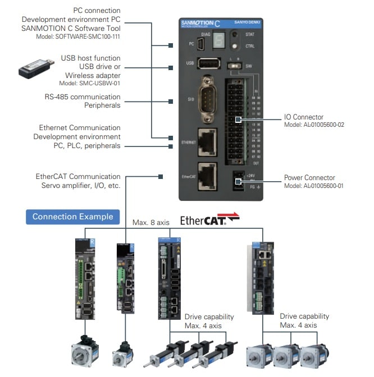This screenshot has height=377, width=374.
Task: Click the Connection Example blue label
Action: [x=72, y=217]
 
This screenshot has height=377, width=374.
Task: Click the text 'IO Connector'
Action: [x=305, y=117]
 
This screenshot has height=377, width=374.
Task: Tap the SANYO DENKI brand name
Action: [x=247, y=23]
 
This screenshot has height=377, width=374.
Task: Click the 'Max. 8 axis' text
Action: [x=150, y=222]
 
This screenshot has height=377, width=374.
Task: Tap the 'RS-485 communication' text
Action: [x=83, y=96]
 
